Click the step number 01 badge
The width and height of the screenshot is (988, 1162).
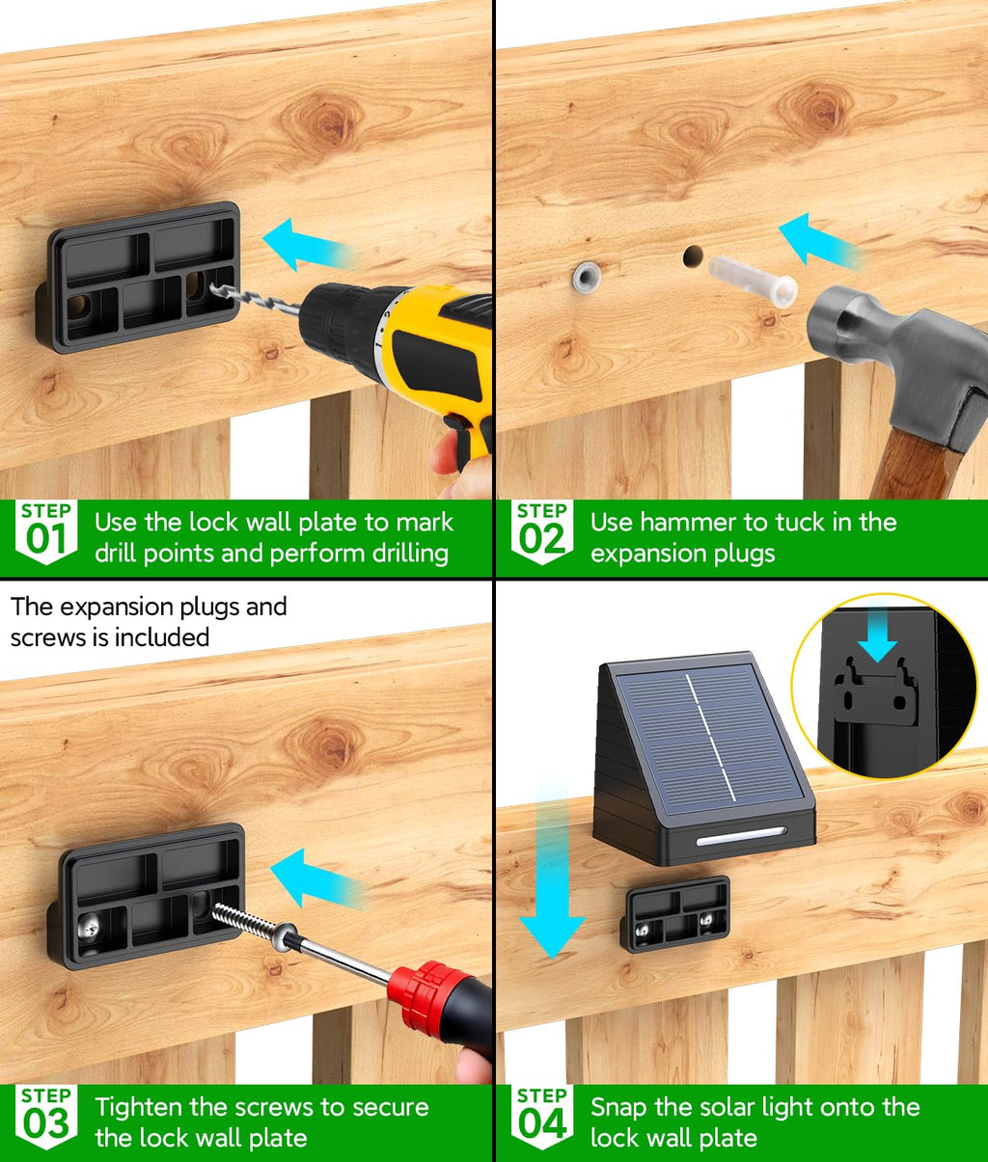[46, 531]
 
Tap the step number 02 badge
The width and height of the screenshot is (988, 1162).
[542, 531]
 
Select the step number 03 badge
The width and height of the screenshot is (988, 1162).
[46, 1117]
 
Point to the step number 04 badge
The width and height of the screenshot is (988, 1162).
[542, 1117]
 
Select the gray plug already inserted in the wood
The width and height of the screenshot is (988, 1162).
[587, 277]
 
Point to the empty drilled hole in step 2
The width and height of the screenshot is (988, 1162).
[693, 257]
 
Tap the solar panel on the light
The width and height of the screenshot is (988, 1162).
[709, 738]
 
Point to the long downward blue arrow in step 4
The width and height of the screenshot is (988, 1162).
[553, 869]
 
